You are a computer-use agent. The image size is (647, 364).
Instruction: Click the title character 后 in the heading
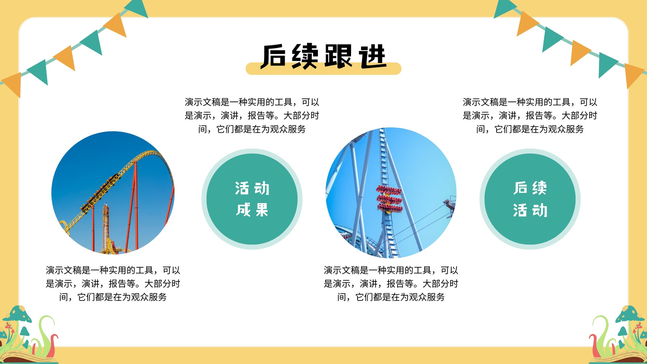273,56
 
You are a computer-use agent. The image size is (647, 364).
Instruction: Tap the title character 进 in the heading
373,56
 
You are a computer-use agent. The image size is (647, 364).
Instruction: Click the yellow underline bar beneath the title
323,69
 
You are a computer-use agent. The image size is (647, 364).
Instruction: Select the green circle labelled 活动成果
252,199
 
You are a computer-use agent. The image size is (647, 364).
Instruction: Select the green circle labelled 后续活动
530,199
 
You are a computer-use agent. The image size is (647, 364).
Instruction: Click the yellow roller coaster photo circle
113,193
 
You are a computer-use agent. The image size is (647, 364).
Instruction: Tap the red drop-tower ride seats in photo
389,199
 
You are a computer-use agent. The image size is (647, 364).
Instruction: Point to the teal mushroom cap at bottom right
630,314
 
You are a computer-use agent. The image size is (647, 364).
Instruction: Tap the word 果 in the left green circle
262,210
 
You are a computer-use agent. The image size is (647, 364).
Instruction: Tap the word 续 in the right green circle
539,188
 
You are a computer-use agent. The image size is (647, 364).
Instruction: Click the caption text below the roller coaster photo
113,284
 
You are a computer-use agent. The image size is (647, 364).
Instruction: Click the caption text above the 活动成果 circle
252,115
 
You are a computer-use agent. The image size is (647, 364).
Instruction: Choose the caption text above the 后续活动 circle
530,115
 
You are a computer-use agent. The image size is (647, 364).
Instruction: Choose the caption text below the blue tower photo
391,284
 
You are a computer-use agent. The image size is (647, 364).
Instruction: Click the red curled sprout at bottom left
53,345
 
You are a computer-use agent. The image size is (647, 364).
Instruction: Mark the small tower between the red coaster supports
106,227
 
